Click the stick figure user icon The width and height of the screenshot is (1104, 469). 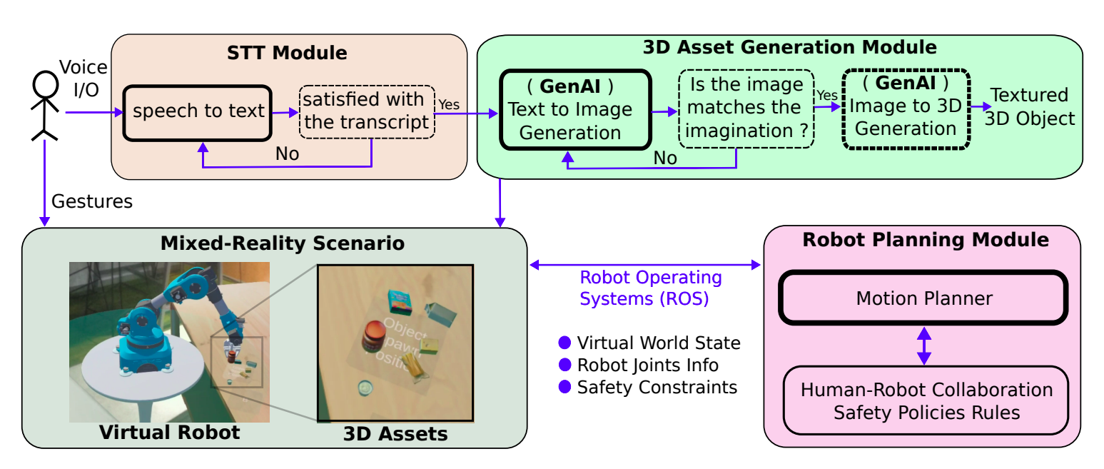[45, 106]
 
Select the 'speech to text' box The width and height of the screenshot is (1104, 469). [198, 112]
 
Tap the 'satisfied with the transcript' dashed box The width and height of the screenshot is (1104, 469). [366, 111]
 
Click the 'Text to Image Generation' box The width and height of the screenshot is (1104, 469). [575, 109]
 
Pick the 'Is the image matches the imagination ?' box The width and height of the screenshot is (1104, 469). [746, 108]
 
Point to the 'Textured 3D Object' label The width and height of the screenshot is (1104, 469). [1030, 106]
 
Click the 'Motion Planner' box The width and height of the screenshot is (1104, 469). [923, 298]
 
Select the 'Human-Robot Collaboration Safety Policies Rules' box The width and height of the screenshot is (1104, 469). [926, 400]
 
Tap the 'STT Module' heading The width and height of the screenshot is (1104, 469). [287, 53]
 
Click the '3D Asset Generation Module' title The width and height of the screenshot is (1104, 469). [789, 48]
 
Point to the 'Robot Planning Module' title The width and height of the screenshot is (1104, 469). [926, 240]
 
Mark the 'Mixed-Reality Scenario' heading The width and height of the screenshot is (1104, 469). [283, 243]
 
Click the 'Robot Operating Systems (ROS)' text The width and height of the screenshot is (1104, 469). [650, 288]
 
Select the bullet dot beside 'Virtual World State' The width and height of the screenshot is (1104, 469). [565, 343]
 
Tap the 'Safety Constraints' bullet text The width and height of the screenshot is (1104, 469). [657, 388]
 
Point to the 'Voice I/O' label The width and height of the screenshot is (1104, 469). [83, 79]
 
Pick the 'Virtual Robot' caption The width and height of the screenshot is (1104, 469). [169, 432]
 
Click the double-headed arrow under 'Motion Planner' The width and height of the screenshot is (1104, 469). [924, 346]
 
